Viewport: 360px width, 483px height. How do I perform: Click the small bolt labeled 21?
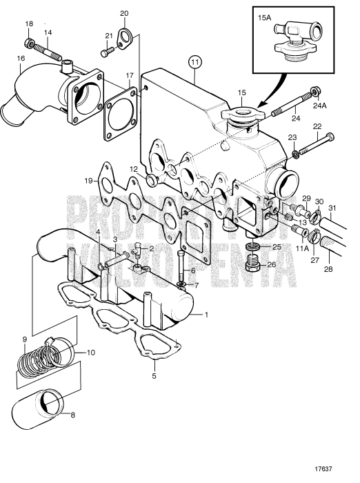point(104,51)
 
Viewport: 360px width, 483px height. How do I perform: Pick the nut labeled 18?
point(30,45)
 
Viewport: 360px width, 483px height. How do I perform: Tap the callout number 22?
point(317,126)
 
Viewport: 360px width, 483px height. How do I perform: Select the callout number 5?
point(154,376)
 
